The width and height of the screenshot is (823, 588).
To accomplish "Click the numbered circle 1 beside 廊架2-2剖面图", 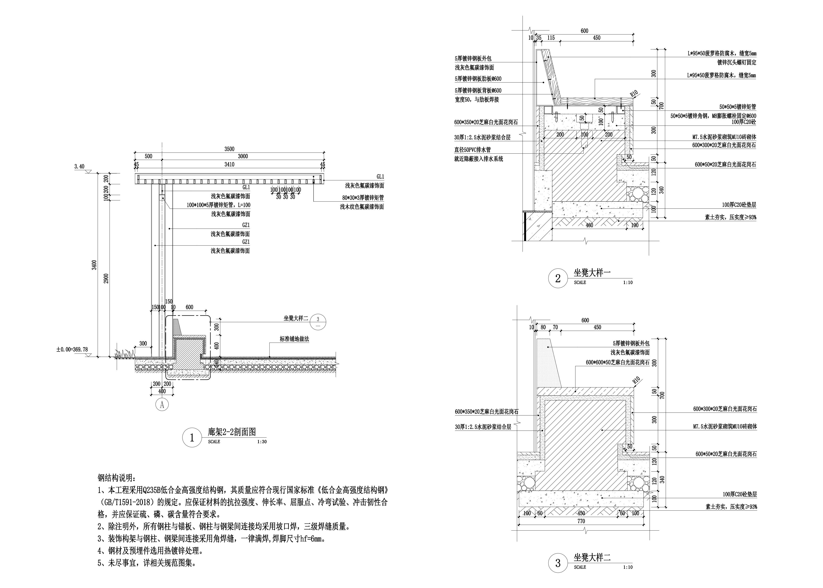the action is pyautogui.click(x=192, y=438).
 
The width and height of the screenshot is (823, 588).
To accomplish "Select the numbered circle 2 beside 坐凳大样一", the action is pyautogui.click(x=558, y=278).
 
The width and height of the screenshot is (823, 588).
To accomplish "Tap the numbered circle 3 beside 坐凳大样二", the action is pyautogui.click(x=558, y=563).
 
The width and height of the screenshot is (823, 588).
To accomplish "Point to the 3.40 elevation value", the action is pyautogui.click(x=79, y=167).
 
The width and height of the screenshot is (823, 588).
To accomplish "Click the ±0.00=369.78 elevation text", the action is pyautogui.click(x=72, y=350).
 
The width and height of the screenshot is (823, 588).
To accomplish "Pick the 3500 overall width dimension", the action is pyautogui.click(x=229, y=149).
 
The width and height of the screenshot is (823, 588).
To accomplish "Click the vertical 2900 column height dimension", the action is pyautogui.click(x=106, y=278).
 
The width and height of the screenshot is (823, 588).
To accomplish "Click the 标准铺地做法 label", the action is pyautogui.click(x=294, y=339).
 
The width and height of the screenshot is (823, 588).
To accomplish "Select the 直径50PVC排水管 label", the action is pyautogui.click(x=473, y=149).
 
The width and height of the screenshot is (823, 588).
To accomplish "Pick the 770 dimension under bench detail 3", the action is pyautogui.click(x=581, y=521).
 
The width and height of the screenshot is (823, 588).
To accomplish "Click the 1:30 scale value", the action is pyautogui.click(x=262, y=442).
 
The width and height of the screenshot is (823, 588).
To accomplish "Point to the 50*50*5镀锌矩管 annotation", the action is pyautogui.click(x=737, y=107).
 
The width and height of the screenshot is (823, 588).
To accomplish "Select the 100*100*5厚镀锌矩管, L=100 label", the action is pyautogui.click(x=218, y=205).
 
